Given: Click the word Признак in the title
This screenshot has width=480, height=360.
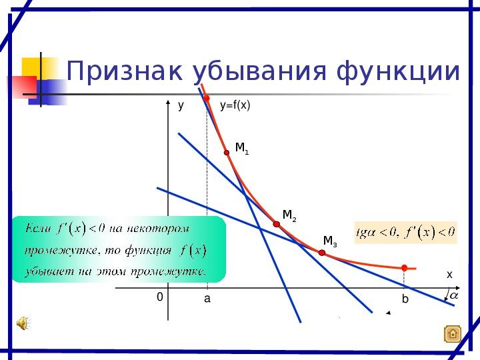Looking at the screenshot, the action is click(x=124, y=71).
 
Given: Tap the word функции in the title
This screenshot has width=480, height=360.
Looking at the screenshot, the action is click(x=398, y=72).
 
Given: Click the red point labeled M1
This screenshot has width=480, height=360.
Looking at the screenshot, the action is click(x=227, y=153).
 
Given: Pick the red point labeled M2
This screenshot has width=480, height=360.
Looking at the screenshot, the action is click(x=277, y=224).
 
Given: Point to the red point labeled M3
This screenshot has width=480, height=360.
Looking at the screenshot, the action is click(x=322, y=253).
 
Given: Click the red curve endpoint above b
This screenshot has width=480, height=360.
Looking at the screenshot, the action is click(x=405, y=268).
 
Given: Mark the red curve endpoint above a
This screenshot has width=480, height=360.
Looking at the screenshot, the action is click(x=207, y=98).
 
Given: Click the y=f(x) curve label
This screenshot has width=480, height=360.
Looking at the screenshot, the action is click(x=235, y=105).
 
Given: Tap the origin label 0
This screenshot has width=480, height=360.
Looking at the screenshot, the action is click(x=160, y=297).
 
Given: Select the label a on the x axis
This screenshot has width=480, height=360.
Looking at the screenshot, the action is click(x=207, y=299).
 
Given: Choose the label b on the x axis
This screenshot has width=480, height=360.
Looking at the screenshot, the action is click(x=405, y=299).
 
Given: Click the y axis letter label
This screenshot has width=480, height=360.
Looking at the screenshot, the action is click(x=181, y=105).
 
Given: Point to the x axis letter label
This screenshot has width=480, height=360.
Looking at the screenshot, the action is click(x=449, y=275).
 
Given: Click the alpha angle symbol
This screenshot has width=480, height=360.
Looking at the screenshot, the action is click(x=454, y=295).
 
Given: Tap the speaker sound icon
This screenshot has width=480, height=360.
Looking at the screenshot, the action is click(x=23, y=323).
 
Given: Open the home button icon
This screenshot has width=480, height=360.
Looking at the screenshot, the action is click(x=453, y=334).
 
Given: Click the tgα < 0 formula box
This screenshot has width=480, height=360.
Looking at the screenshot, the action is click(x=405, y=233).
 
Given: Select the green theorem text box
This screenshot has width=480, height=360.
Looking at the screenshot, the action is click(x=119, y=249).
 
